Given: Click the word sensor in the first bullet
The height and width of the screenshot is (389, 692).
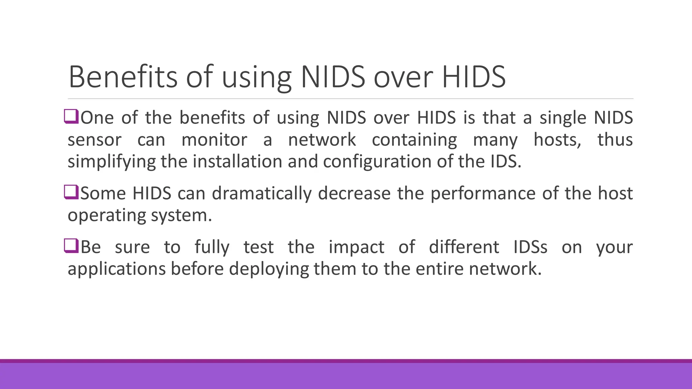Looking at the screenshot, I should [94, 140].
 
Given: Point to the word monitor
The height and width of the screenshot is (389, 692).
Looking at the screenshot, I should [214, 140].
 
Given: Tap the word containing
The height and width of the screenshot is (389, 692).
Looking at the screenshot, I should [414, 140].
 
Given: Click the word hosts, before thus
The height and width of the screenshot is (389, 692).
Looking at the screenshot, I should [557, 140].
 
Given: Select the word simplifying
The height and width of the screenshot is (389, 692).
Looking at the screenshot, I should [112, 161].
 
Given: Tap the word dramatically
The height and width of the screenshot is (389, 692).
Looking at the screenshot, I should [262, 193].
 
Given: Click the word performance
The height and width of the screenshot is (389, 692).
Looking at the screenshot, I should [483, 193].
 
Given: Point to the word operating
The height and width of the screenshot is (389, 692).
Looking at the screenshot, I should [106, 215].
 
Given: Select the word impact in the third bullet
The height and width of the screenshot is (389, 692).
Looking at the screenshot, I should [356, 247].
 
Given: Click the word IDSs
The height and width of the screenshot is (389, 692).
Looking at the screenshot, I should [530, 247].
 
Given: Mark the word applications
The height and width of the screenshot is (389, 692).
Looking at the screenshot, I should [117, 269].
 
